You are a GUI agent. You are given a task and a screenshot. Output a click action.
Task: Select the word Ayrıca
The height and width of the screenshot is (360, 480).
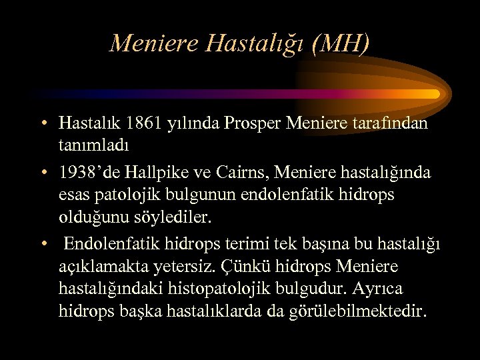(380, 289)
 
